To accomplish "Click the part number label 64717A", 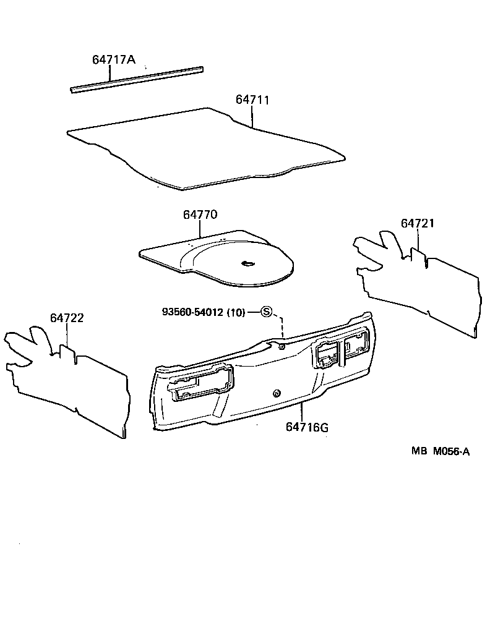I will tap(113, 60).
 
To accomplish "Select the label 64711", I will tap(252, 100).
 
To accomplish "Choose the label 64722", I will tap(67, 318).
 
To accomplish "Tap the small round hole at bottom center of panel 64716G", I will tap(276, 393).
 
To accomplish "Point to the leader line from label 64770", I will tap(201, 229).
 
